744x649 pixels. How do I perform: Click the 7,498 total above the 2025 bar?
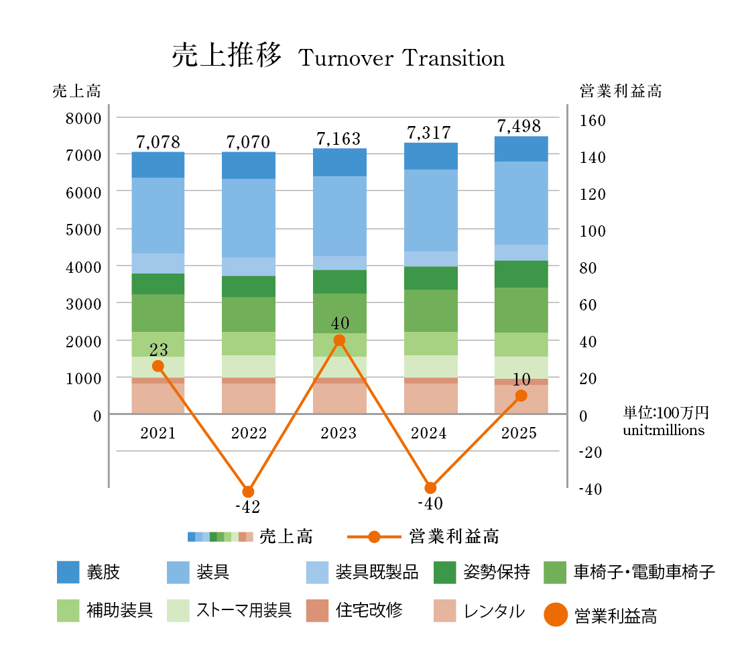pos(519,126)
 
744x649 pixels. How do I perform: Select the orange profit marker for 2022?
pos(248,491)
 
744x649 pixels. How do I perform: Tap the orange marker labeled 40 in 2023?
pos(339,340)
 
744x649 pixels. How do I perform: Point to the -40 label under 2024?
pos(430,504)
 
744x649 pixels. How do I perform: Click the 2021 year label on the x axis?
pos(158,433)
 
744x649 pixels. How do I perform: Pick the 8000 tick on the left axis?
pos(83,118)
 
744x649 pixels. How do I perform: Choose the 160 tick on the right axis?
pos(592,121)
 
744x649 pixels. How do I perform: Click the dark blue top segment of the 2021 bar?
pos(158,165)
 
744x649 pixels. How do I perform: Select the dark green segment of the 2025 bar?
pos(521,274)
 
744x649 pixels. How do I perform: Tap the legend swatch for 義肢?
pos(68,572)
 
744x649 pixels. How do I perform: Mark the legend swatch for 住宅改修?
pos(317,611)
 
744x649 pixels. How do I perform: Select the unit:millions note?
pos(664,430)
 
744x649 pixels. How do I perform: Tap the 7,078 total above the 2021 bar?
pos(158,142)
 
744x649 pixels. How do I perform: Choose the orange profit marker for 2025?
pos(521,396)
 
